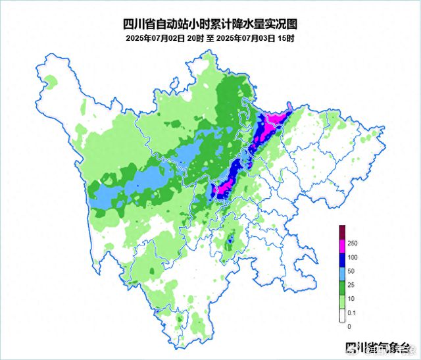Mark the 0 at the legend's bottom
tap(349, 326)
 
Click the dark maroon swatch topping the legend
tap(343, 232)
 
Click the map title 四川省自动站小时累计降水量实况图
tap(210, 24)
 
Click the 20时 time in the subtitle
tap(195, 39)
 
